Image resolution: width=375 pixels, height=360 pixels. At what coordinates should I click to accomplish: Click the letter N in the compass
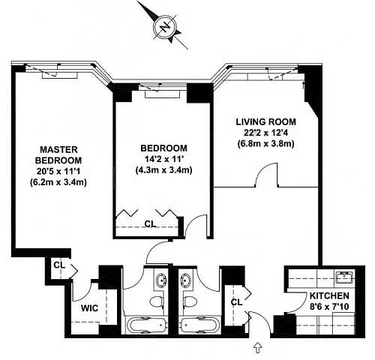tap(164, 27)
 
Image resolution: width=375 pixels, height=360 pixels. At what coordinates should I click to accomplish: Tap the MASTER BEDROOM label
tap(58, 154)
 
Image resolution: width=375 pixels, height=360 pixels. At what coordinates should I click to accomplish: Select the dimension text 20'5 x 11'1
tap(58, 171)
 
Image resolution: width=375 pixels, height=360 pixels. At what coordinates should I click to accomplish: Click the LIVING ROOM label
tap(266, 121)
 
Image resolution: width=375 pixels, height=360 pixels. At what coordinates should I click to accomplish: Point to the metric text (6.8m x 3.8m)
tap(266, 144)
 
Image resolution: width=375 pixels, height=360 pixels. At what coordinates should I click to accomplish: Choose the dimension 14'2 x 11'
tap(163, 159)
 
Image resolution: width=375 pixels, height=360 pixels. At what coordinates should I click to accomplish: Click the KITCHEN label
tap(329, 295)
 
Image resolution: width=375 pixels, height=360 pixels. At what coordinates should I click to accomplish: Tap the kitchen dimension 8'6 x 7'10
tap(329, 307)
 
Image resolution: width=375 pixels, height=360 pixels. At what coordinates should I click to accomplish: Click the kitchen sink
tap(344, 277)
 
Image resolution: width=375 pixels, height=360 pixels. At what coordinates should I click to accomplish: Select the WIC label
tap(89, 308)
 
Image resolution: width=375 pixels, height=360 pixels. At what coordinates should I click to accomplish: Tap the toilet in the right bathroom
tap(190, 302)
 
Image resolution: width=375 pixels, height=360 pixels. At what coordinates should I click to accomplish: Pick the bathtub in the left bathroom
tap(147, 325)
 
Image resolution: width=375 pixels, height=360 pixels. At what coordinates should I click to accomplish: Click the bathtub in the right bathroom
tap(200, 325)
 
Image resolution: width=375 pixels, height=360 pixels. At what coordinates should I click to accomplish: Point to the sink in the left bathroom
tap(160, 280)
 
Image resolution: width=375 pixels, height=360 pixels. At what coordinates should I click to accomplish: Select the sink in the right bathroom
tap(186, 280)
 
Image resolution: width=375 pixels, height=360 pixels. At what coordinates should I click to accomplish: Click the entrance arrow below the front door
tap(258, 348)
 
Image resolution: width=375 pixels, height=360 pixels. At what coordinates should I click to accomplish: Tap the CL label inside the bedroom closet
tap(150, 223)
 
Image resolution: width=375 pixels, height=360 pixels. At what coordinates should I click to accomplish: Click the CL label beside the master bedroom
tap(59, 265)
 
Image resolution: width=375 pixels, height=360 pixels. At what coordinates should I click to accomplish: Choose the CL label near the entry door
tap(236, 302)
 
